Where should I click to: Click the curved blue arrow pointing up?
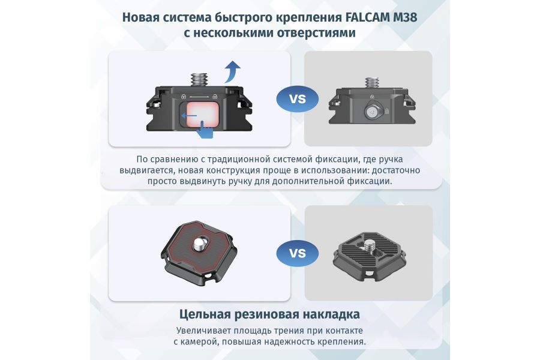coord(232,71)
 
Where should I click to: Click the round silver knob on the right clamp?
coord(373,111)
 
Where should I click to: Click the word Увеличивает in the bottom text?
coord(206,331)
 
